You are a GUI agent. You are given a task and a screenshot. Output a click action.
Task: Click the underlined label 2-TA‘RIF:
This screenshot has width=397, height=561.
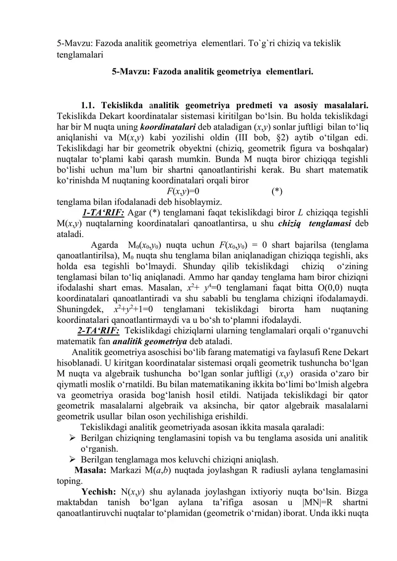click(98, 330)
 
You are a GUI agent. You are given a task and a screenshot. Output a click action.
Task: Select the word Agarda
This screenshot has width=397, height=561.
click(104, 246)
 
